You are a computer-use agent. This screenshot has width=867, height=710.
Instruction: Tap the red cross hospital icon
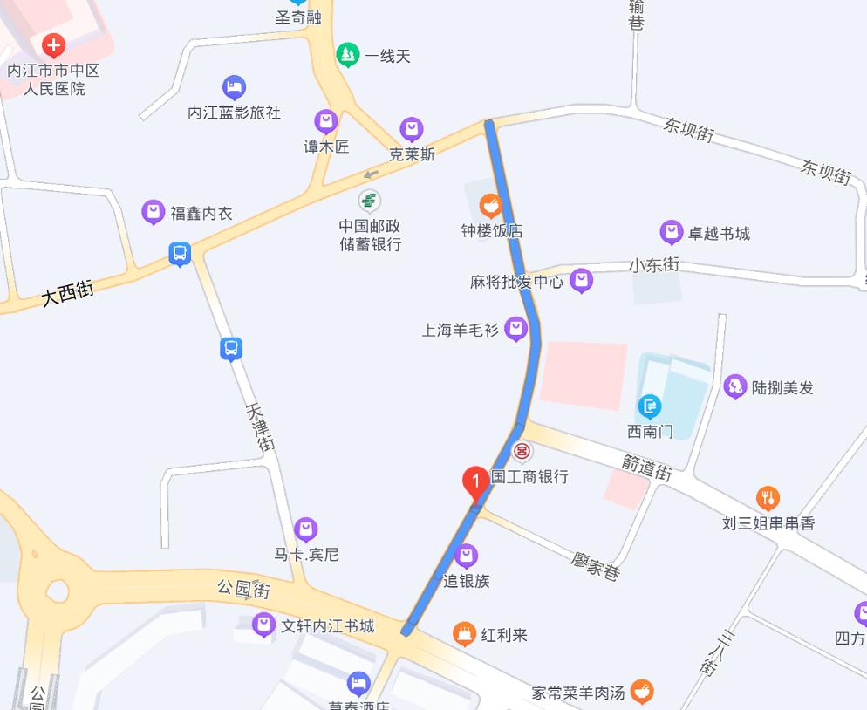coord(53,45)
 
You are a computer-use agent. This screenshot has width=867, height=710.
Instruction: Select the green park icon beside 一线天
coord(348,56)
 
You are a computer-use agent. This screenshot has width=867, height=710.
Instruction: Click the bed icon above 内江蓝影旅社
coord(234,87)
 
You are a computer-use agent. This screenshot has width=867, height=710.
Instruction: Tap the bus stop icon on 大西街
coord(180,254)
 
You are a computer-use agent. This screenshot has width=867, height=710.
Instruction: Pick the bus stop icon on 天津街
coord(230,349)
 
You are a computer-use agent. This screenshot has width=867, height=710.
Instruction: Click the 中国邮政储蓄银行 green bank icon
coord(370,201)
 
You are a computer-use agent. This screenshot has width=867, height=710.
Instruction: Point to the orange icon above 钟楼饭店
coord(491,207)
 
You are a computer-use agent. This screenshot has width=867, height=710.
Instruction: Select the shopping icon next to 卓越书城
coord(671,233)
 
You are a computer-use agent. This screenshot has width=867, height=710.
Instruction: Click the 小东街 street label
coord(654,264)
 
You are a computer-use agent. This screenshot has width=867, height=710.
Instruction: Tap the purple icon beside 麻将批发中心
coord(581,281)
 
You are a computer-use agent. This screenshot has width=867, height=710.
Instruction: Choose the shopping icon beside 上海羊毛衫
coord(516,329)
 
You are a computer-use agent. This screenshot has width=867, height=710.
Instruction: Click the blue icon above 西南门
coord(650,406)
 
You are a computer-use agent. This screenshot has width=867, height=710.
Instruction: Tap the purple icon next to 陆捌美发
coord(735,386)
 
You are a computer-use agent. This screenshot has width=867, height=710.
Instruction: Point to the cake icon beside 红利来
coord(465,635)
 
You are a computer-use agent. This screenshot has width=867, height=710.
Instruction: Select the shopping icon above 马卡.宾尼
coord(305,529)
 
